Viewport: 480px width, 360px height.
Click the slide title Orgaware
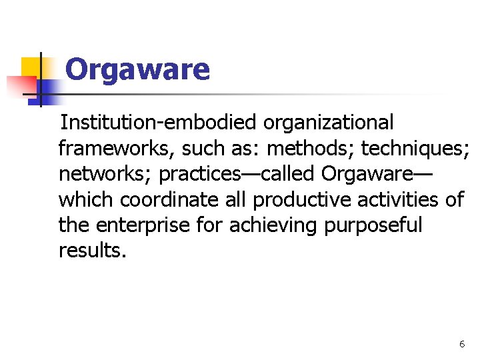(138, 69)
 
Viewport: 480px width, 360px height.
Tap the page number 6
(462, 344)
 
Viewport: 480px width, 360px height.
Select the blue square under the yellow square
(47, 90)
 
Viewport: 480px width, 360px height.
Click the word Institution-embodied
(159, 123)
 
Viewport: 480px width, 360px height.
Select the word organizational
(329, 123)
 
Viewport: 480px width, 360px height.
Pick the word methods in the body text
(309, 149)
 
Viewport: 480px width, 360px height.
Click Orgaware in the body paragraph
(367, 174)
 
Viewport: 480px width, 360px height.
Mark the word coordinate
(170, 199)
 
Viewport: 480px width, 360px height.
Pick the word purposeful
(373, 225)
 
